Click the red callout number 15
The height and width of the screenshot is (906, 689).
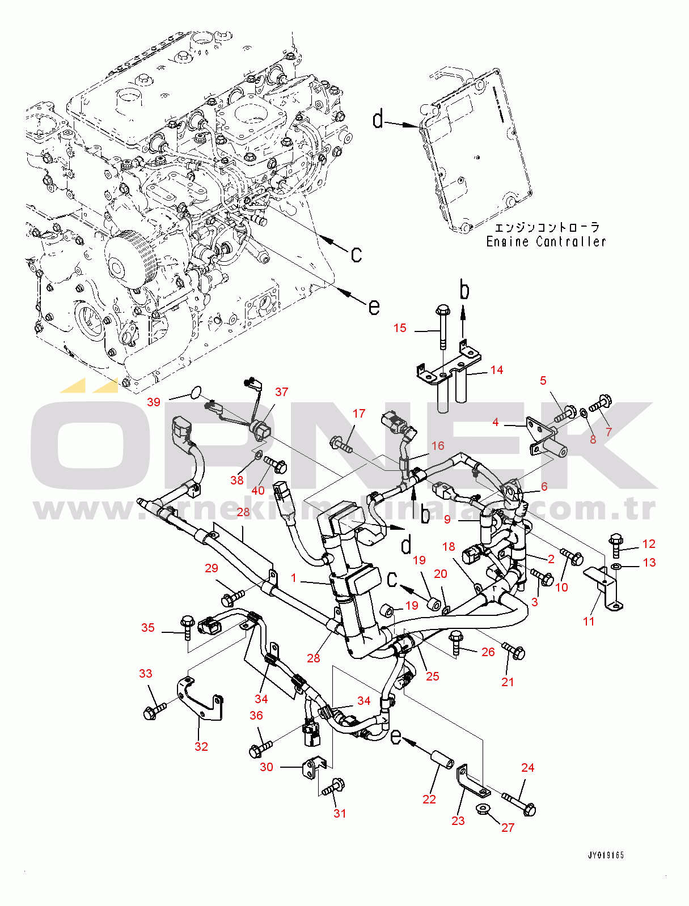click(x=400, y=328)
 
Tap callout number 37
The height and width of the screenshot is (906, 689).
click(x=281, y=392)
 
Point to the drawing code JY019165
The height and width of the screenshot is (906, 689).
click(x=606, y=855)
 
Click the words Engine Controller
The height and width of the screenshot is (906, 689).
click(x=546, y=242)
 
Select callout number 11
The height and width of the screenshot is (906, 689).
click(x=589, y=621)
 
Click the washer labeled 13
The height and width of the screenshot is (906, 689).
click(x=616, y=566)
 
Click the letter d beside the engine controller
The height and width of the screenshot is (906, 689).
click(x=378, y=120)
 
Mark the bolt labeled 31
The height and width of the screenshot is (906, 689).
click(x=333, y=787)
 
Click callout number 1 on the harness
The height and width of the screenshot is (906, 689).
click(x=294, y=577)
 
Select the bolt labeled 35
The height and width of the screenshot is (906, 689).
click(x=188, y=625)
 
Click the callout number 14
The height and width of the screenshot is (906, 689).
click(x=497, y=370)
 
